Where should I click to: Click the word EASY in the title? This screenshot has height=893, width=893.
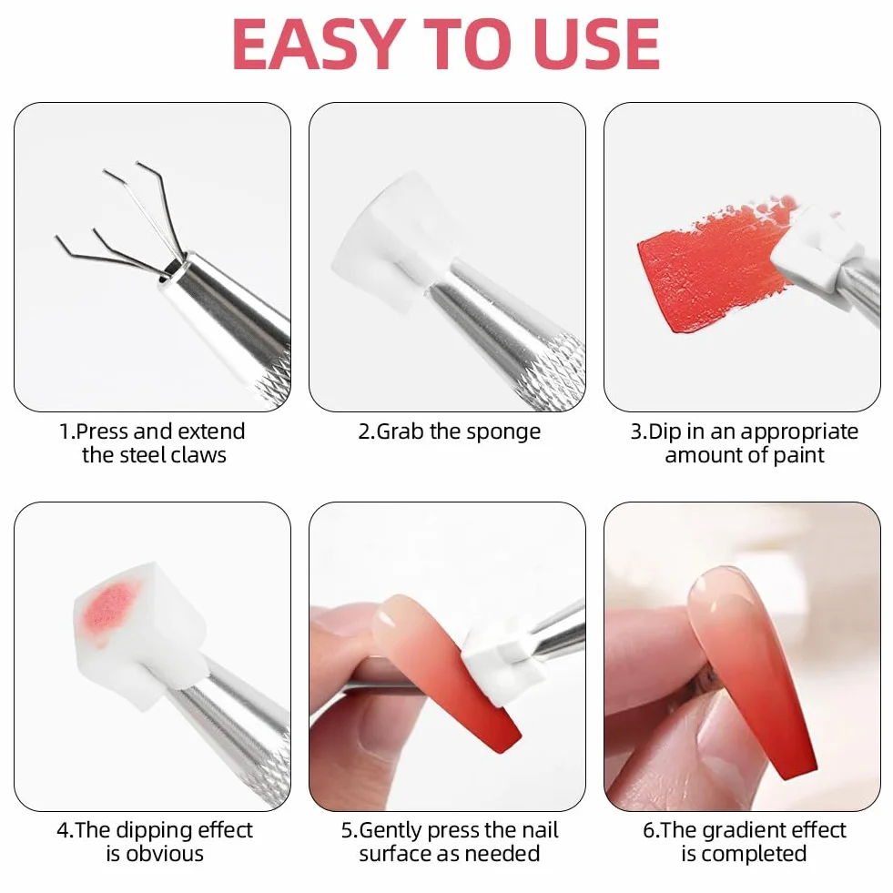pyautogui.click(x=317, y=45)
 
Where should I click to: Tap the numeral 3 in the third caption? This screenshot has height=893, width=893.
pyautogui.click(x=636, y=431)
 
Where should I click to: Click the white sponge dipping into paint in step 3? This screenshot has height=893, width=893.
pyautogui.click(x=815, y=250)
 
